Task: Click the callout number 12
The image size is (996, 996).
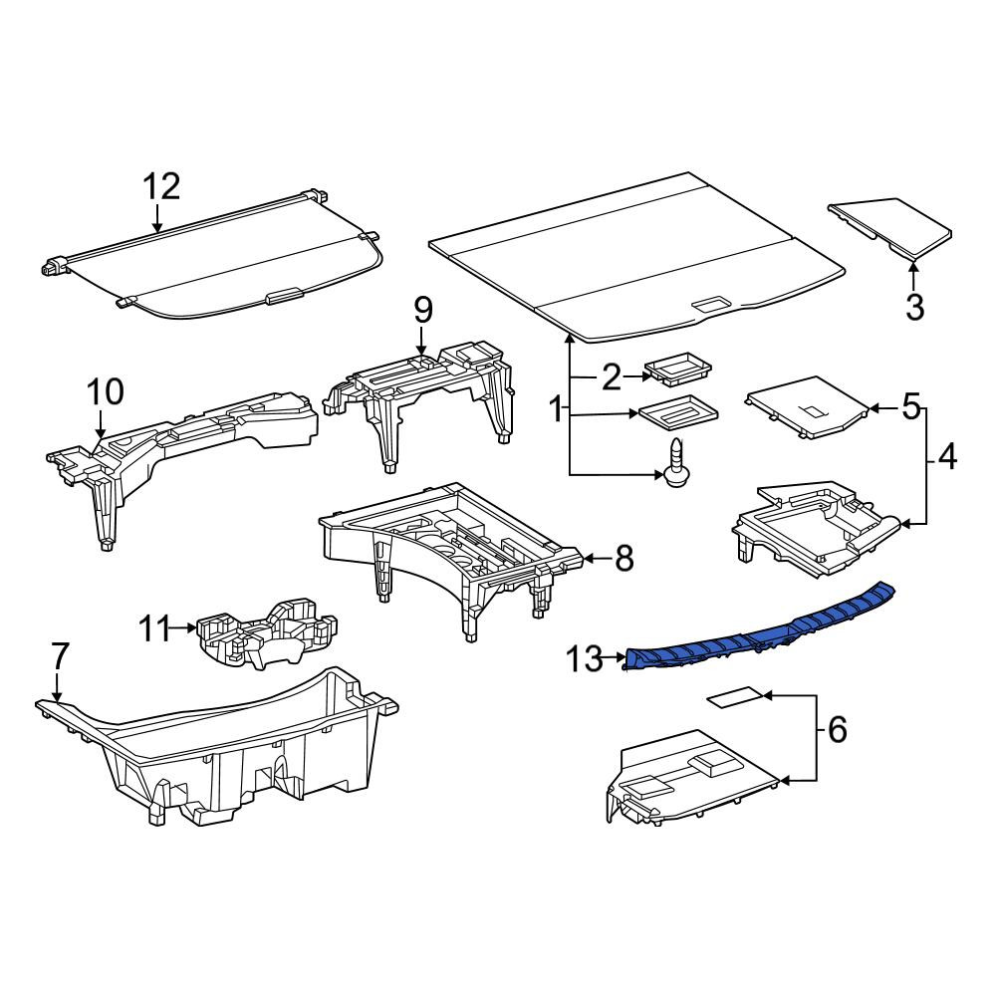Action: click(x=161, y=187)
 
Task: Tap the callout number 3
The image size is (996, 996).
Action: click(x=914, y=308)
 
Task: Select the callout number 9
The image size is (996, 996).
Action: click(x=423, y=311)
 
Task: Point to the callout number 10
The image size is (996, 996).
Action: click(x=105, y=391)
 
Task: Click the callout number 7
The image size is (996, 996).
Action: click(x=59, y=656)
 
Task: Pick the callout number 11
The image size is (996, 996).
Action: click(x=155, y=628)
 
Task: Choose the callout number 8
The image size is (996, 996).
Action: click(x=624, y=559)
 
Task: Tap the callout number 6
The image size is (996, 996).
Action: click(x=838, y=730)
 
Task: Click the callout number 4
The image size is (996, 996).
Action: click(x=947, y=457)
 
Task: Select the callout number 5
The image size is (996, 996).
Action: click(x=911, y=406)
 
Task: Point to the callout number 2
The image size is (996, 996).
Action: click(x=611, y=377)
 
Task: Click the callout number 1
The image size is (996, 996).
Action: click(x=556, y=409)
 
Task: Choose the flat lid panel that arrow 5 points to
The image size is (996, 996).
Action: click(x=807, y=406)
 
